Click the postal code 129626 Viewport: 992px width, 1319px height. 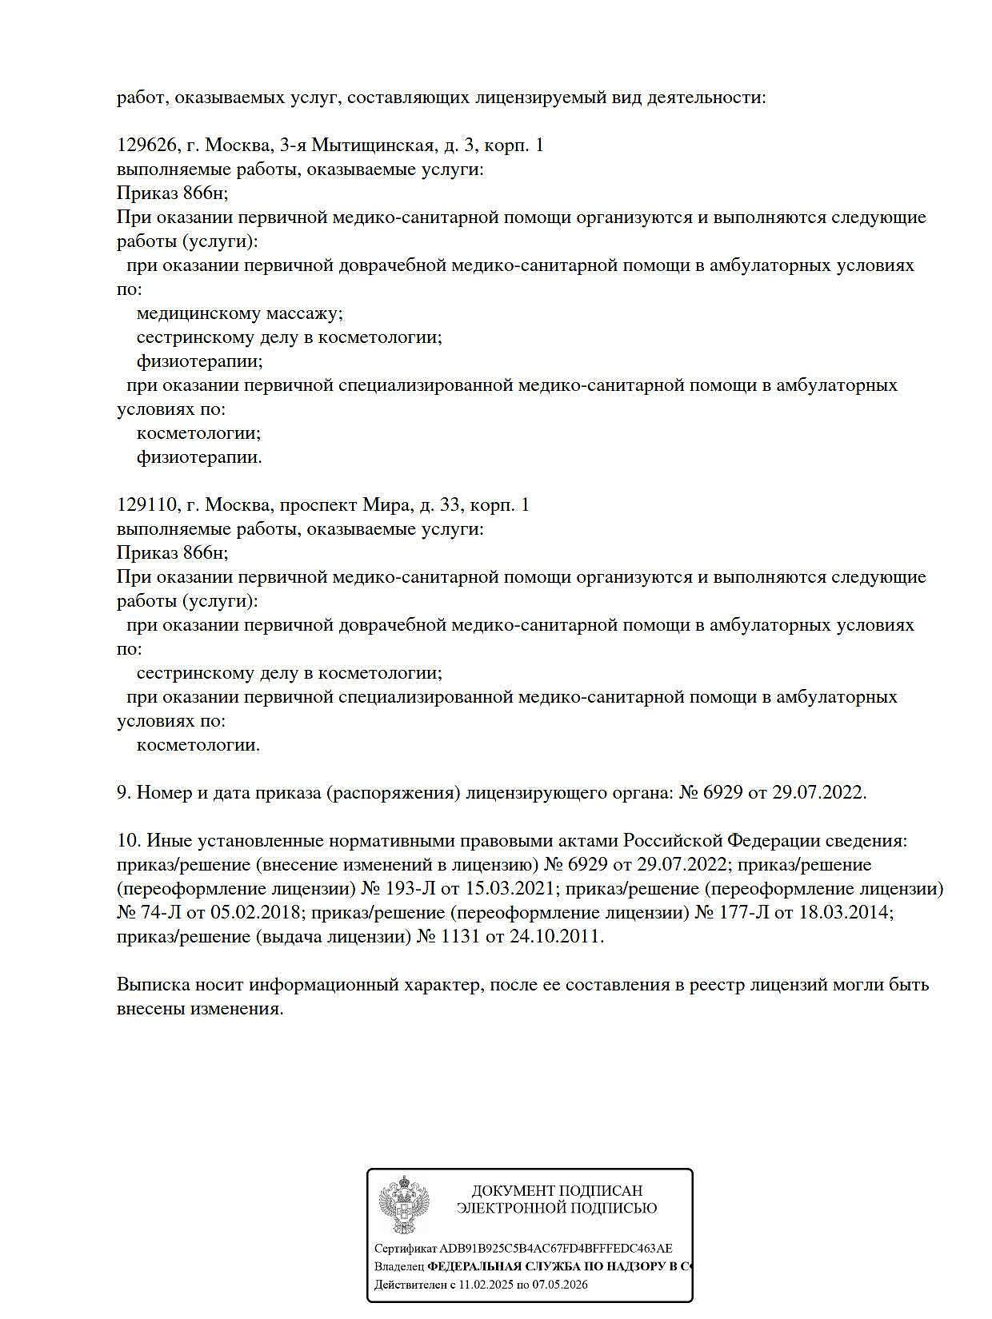point(146,145)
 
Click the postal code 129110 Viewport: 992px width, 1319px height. point(146,505)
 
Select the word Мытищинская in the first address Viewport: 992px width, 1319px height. point(372,145)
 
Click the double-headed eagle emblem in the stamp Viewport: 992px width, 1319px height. point(403,1205)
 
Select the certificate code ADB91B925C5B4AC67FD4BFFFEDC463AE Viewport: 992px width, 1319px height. point(556,1249)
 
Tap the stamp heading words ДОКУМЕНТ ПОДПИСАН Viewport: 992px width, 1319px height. point(557,1191)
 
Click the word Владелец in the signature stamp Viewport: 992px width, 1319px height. point(399,1267)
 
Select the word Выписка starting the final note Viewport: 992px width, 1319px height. point(152,985)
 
